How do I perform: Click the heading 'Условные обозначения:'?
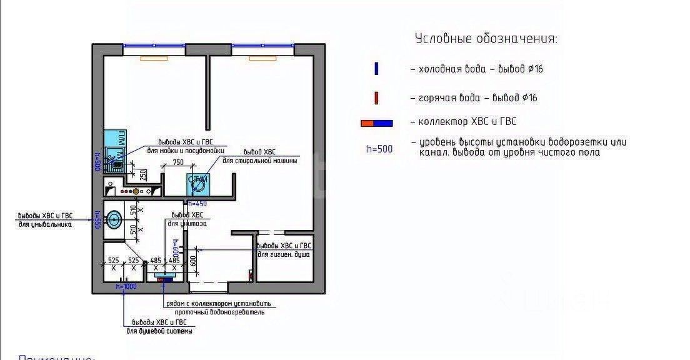click(x=486, y=39)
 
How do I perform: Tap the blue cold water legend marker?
click(x=376, y=69)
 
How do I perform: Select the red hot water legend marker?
click(x=376, y=98)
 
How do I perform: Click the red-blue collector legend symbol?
click(x=377, y=123)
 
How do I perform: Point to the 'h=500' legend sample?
click(x=379, y=149)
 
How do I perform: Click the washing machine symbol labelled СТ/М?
click(x=198, y=182)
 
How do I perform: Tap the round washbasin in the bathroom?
click(x=114, y=219)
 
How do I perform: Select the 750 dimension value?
click(x=178, y=162)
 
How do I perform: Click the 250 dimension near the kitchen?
click(x=143, y=174)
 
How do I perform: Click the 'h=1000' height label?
click(x=126, y=286)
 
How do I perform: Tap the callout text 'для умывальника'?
click(x=45, y=224)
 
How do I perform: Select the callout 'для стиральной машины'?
click(x=259, y=161)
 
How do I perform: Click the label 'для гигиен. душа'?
click(x=284, y=255)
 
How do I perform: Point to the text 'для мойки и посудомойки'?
click(x=185, y=151)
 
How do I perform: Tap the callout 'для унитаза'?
click(x=188, y=223)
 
